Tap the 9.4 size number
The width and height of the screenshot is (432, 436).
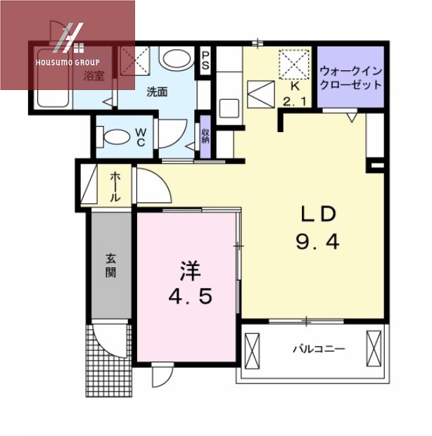[x=317, y=243]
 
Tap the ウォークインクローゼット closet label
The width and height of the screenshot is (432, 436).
[x=351, y=77]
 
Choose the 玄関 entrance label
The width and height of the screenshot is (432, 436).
[x=110, y=265]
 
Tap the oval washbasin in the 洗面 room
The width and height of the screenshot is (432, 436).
[x=173, y=58]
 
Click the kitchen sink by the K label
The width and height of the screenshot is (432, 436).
[x=230, y=109]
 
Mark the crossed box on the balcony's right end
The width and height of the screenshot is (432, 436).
[x=373, y=347]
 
